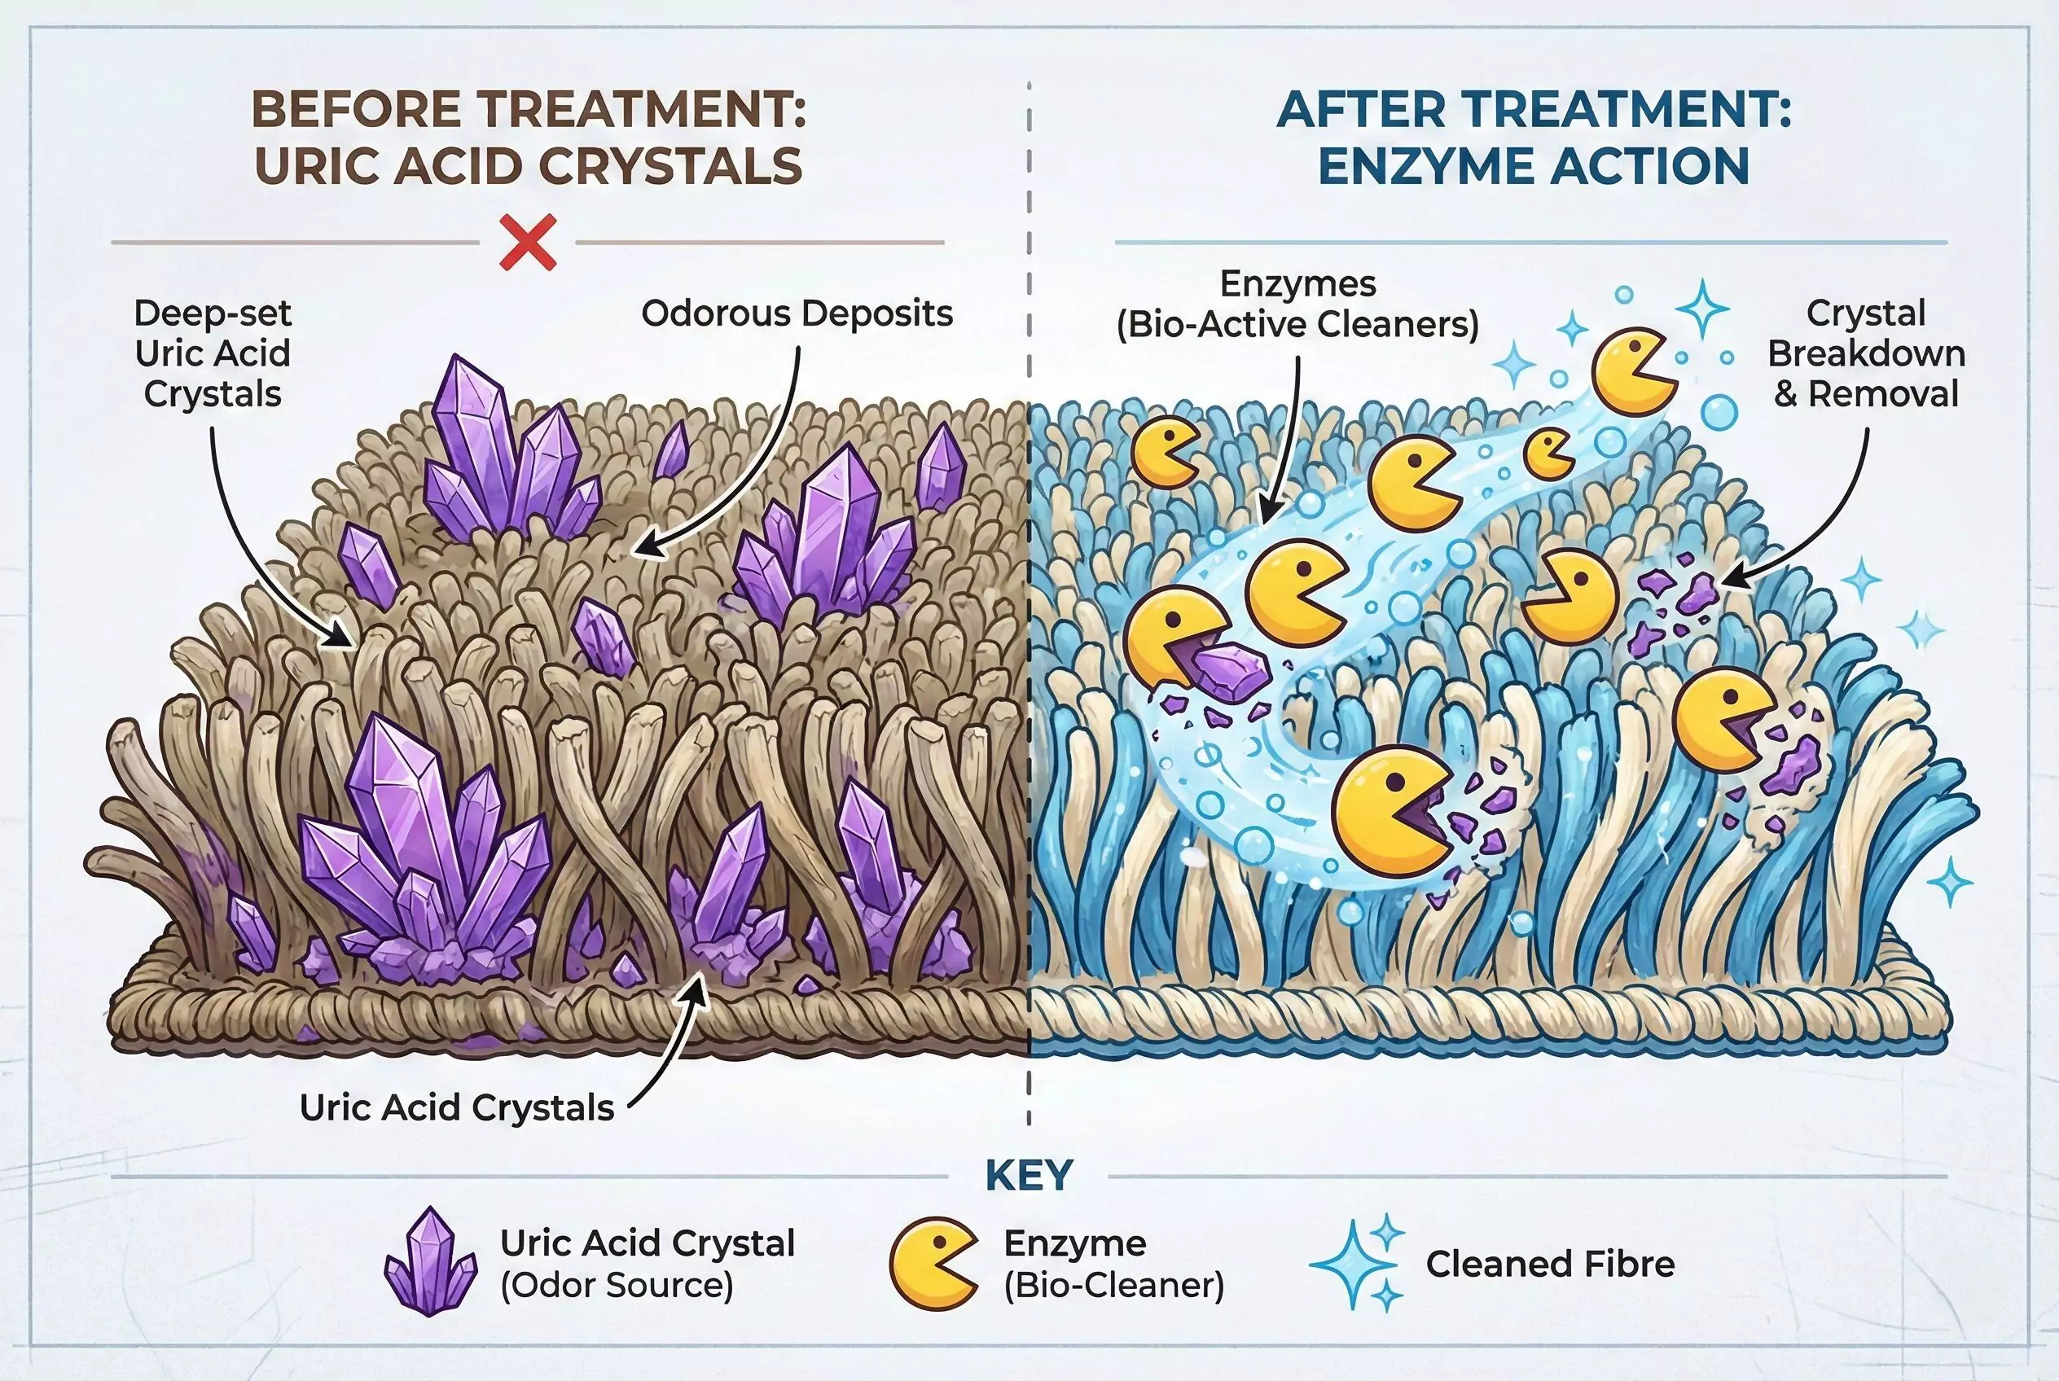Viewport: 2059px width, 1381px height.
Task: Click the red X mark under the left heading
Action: click(527, 241)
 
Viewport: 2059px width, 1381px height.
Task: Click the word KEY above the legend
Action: click(1028, 1176)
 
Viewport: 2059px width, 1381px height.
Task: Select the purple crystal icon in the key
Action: click(430, 1260)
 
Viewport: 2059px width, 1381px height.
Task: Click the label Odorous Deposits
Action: click(797, 313)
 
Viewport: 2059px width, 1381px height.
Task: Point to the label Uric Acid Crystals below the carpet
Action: click(456, 1108)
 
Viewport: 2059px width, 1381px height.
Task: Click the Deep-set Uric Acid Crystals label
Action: click(213, 353)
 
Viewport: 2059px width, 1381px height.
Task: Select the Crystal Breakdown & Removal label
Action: click(1866, 353)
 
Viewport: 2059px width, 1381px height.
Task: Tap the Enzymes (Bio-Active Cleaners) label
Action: click(1297, 304)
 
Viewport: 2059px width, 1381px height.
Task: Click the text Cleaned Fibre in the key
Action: click(1550, 1264)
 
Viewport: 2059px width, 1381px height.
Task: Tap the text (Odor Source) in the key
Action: click(617, 1285)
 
